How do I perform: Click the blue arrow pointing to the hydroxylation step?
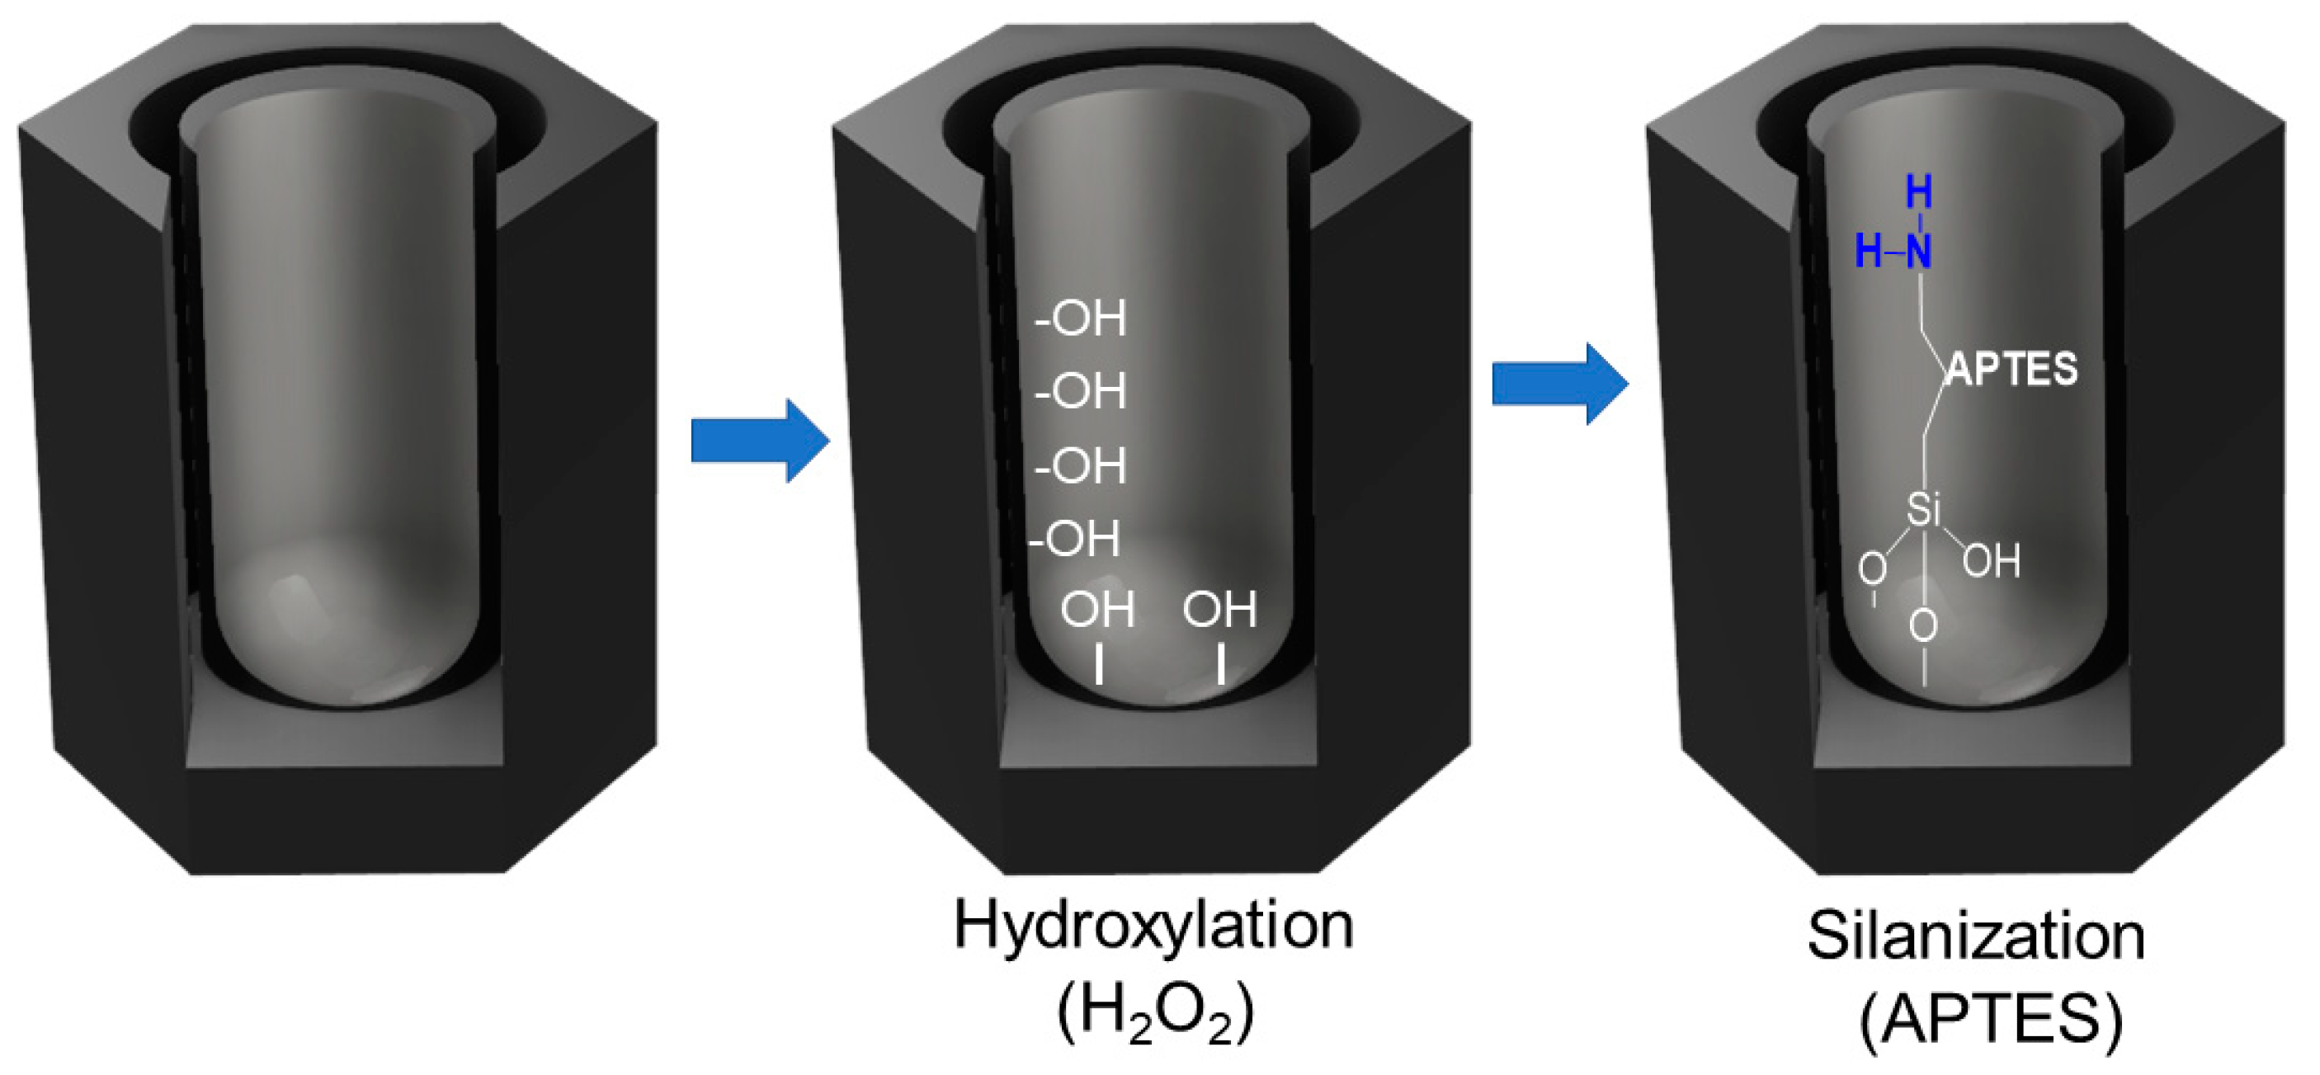[758, 441]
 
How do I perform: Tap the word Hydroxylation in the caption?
[1153, 926]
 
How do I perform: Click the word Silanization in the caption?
[1976, 937]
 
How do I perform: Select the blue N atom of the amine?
[1919, 252]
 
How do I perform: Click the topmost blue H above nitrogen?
[1919, 191]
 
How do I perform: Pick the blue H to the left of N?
[1869, 252]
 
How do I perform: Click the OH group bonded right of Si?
[1992, 561]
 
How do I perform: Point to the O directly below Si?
[1924, 625]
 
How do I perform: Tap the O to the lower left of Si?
[1872, 568]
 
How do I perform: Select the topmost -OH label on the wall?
[1081, 318]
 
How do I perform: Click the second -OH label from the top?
[1081, 392]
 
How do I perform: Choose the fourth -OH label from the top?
[1075, 540]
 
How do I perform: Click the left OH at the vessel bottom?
[1097, 610]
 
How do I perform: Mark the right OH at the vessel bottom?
[1219, 610]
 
